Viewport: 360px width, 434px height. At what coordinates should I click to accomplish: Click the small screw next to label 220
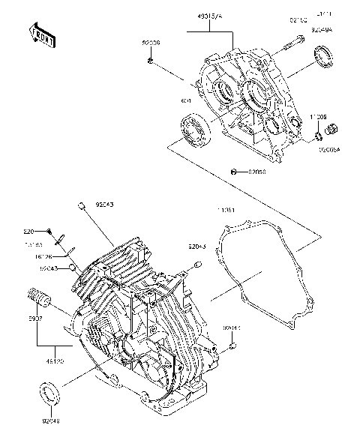[x=49, y=230]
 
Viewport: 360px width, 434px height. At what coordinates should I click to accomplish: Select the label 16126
[x=32, y=256]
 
